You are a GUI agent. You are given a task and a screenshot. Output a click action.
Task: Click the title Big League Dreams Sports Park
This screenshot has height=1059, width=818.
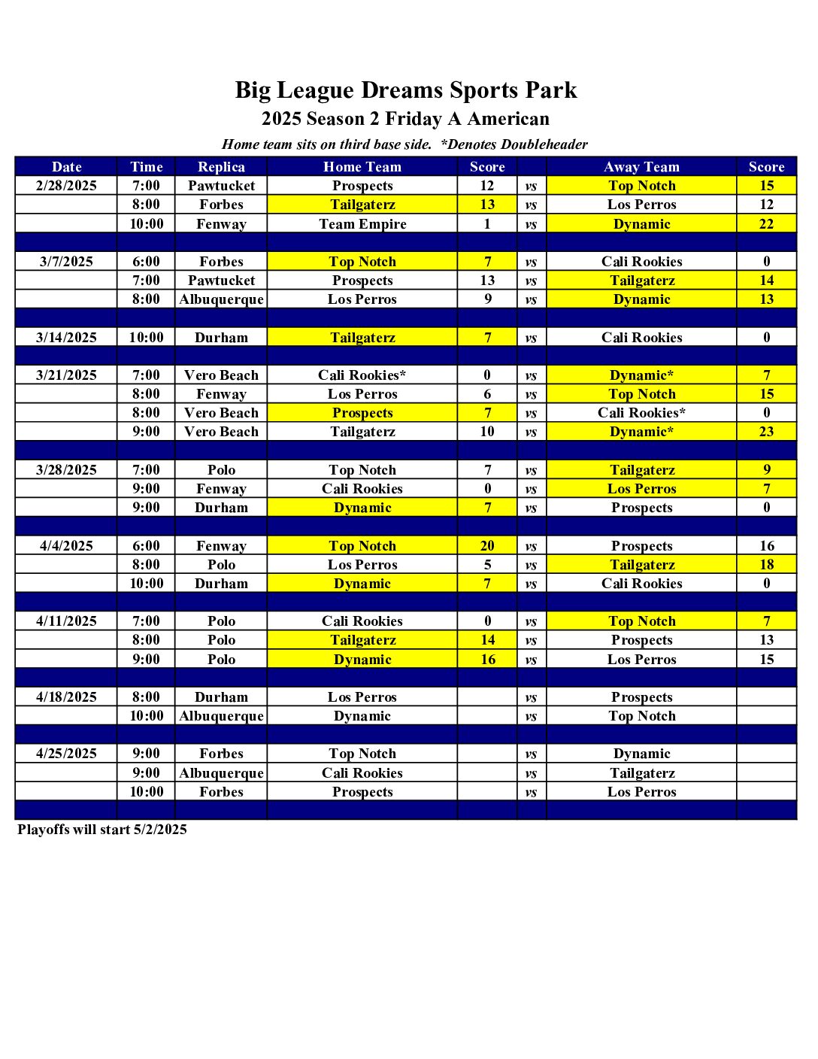click(x=405, y=90)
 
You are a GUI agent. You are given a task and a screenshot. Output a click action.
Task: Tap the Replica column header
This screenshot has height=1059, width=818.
click(x=221, y=167)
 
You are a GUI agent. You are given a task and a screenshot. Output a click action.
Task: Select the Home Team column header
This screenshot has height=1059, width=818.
click(x=362, y=167)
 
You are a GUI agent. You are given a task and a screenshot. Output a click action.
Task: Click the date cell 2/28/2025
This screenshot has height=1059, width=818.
click(x=66, y=186)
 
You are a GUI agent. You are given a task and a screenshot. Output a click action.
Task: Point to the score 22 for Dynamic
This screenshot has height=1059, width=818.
click(x=766, y=224)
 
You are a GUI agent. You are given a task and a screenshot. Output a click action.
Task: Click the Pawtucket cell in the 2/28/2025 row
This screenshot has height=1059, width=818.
click(x=221, y=186)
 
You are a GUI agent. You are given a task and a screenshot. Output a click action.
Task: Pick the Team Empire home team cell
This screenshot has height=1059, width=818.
click(x=362, y=224)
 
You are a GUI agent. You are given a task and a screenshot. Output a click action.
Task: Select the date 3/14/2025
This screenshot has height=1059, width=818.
click(x=66, y=338)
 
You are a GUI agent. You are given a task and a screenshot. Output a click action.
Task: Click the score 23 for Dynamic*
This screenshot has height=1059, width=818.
click(x=766, y=432)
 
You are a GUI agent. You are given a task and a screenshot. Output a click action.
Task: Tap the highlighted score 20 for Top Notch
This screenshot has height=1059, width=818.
click(x=487, y=546)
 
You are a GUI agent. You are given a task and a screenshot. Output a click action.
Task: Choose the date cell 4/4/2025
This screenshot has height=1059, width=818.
click(x=66, y=546)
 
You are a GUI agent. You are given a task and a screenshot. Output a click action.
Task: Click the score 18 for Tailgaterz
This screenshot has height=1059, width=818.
click(x=766, y=565)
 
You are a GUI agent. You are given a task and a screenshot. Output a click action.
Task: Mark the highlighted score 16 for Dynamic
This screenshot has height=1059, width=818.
click(x=487, y=660)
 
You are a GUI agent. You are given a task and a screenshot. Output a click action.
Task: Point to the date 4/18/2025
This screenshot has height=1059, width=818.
click(x=66, y=697)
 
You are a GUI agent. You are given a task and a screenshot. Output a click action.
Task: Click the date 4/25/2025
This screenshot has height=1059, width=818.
click(x=66, y=754)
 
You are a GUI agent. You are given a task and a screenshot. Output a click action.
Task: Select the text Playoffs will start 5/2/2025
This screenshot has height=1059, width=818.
click(x=102, y=830)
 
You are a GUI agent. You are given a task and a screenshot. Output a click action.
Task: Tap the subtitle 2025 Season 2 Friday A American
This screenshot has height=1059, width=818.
click(x=405, y=119)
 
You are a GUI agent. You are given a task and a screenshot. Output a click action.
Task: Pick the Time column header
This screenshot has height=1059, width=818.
click(x=146, y=167)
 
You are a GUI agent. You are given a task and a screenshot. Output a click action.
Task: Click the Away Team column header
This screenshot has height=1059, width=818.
click(x=641, y=167)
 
